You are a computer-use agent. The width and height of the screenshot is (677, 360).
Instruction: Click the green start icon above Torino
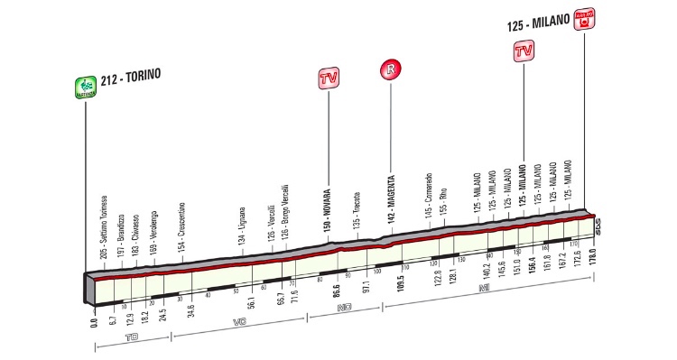(86, 87)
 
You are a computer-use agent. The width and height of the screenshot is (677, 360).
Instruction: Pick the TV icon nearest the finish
(522, 51)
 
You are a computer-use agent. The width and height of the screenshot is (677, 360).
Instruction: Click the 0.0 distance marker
(94, 318)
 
